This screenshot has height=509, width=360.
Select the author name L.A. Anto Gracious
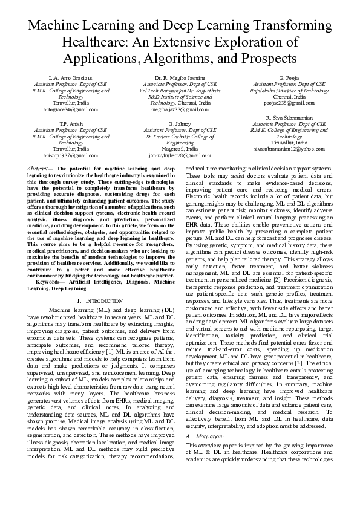click(71, 78)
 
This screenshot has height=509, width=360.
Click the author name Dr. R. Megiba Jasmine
click(180, 78)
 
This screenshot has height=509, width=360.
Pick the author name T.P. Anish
click(71, 123)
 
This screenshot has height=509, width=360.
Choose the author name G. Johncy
click(180, 123)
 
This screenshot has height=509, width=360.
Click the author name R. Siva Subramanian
click(289, 117)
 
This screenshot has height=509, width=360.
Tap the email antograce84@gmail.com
click(71, 109)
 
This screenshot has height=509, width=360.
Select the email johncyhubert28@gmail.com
click(180, 155)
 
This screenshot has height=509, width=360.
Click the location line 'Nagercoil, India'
click(180, 148)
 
